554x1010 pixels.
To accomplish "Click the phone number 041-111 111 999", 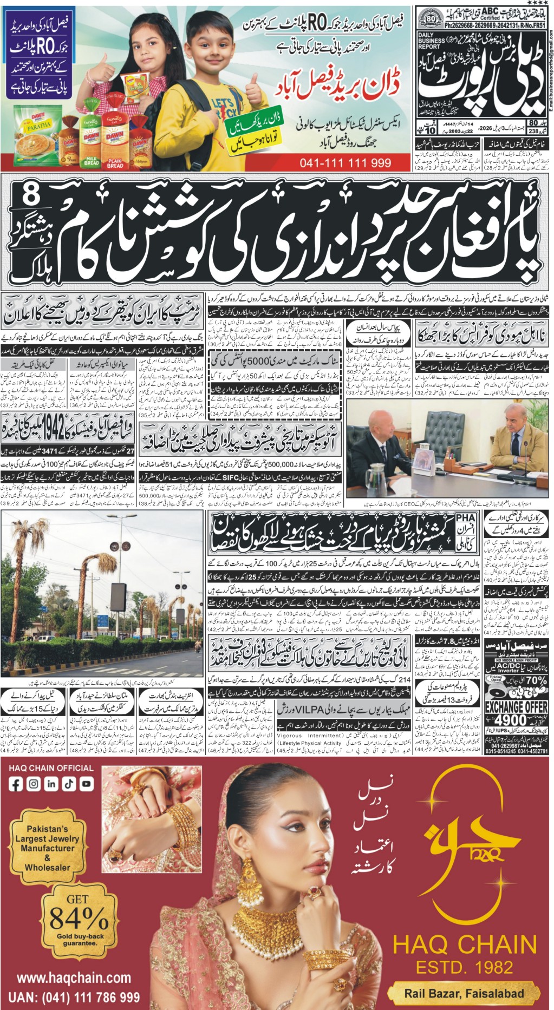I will tap(345, 162).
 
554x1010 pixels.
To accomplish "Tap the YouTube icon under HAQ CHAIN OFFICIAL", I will tap(87, 783).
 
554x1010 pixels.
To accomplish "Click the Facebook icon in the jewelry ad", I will tap(16, 783).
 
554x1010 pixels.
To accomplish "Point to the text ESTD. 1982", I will tap(464, 967).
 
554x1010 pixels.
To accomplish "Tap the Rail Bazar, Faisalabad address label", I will tap(464, 993).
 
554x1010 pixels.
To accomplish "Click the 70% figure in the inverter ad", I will tap(536, 680).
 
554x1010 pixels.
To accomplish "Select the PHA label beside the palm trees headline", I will tap(465, 519).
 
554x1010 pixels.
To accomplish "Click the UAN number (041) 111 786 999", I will tap(77, 996).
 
